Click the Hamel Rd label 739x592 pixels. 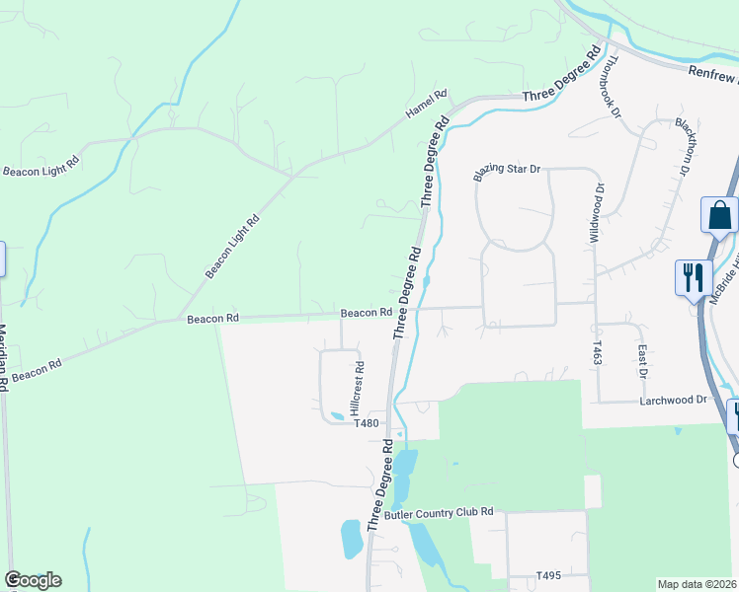tap(427, 105)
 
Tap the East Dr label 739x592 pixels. tap(642, 361)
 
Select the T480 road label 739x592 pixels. tap(366, 423)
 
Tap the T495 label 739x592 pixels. tap(548, 575)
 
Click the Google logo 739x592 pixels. tap(33, 580)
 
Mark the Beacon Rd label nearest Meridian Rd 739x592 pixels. tap(38, 371)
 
